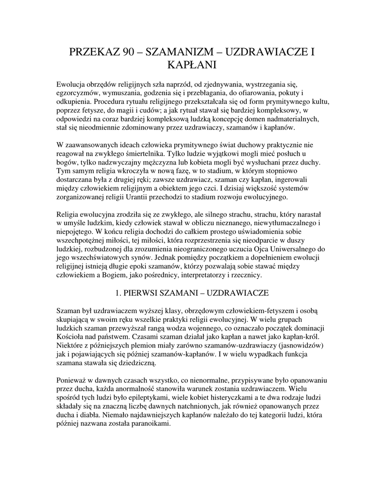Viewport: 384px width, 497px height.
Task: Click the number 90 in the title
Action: tap(124, 51)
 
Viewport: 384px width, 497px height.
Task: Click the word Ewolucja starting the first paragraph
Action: tap(72, 84)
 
